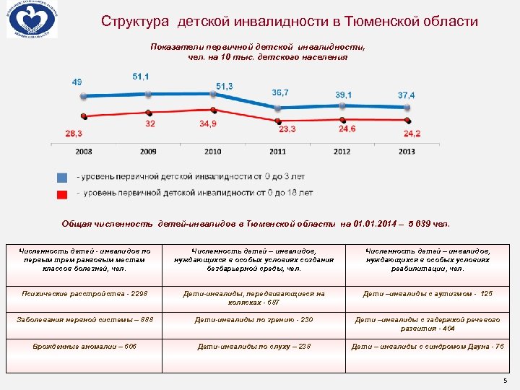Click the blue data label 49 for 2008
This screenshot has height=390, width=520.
point(77,82)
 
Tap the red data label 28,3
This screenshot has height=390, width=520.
point(74,133)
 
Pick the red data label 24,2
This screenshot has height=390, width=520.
point(412,133)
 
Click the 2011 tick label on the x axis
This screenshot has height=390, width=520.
point(278,151)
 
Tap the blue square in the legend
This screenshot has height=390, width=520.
point(62,178)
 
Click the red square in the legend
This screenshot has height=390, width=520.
point(62,194)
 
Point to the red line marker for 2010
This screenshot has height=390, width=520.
point(212,110)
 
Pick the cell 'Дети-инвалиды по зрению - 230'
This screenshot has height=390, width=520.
point(253,320)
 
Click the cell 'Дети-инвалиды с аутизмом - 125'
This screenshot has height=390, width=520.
point(427,294)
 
